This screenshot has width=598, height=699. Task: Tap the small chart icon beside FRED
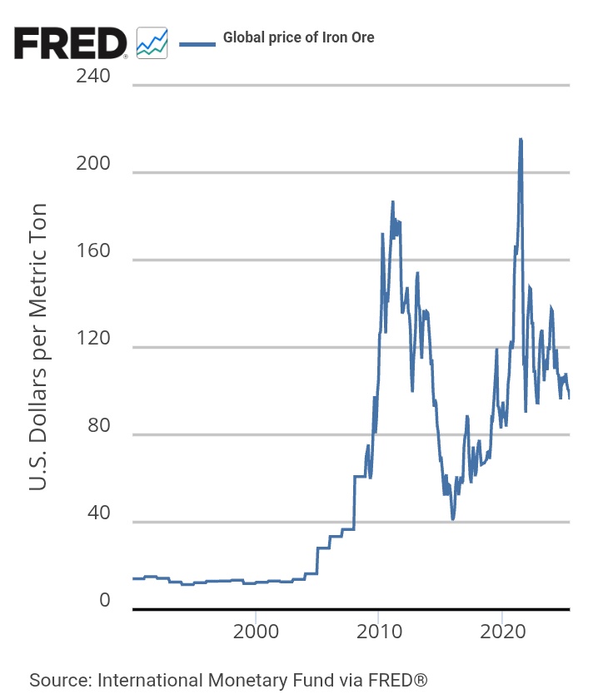coord(152,42)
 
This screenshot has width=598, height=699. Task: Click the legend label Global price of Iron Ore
coord(298,37)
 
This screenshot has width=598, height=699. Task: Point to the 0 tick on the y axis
coord(104,601)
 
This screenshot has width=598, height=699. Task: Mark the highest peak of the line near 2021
coord(521,140)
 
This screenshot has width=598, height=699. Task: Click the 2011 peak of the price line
coord(392,202)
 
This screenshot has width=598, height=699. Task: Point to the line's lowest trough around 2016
coord(453,518)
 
